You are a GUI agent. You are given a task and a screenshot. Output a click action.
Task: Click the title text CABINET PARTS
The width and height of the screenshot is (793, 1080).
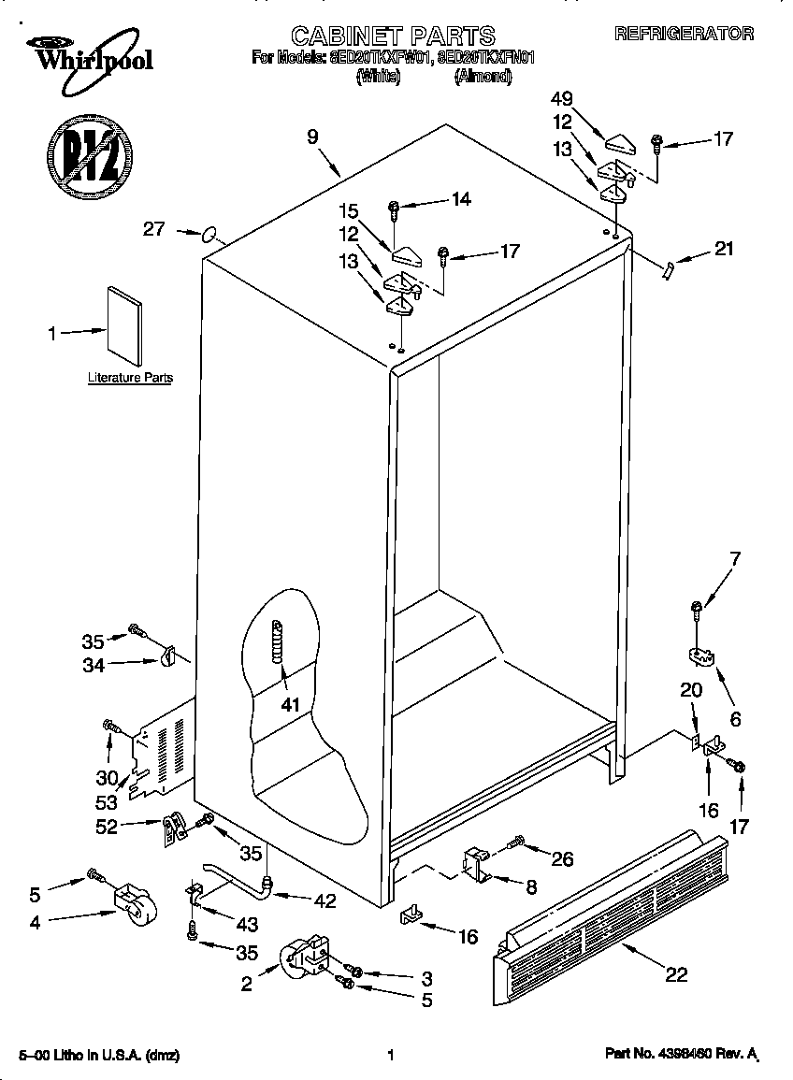[393, 36]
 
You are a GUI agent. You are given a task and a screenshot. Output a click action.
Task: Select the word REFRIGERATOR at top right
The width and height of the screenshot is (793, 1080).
[684, 34]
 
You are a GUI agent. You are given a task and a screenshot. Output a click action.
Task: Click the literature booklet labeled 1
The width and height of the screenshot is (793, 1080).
[123, 322]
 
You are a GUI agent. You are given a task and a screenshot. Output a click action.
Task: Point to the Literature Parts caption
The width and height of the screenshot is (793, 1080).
[130, 379]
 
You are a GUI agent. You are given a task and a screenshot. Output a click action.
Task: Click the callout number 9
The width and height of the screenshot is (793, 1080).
[312, 137]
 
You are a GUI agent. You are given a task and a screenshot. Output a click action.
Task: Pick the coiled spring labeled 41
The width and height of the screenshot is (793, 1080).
[277, 642]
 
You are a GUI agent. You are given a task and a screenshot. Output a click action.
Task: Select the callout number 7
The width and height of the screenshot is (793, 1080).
[735, 560]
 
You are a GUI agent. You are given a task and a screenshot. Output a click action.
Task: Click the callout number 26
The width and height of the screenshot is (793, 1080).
[563, 858]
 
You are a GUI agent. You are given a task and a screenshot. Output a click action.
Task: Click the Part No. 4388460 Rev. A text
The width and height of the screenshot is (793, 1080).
[682, 1054]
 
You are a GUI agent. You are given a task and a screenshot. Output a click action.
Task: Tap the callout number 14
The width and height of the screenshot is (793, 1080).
[460, 198]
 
